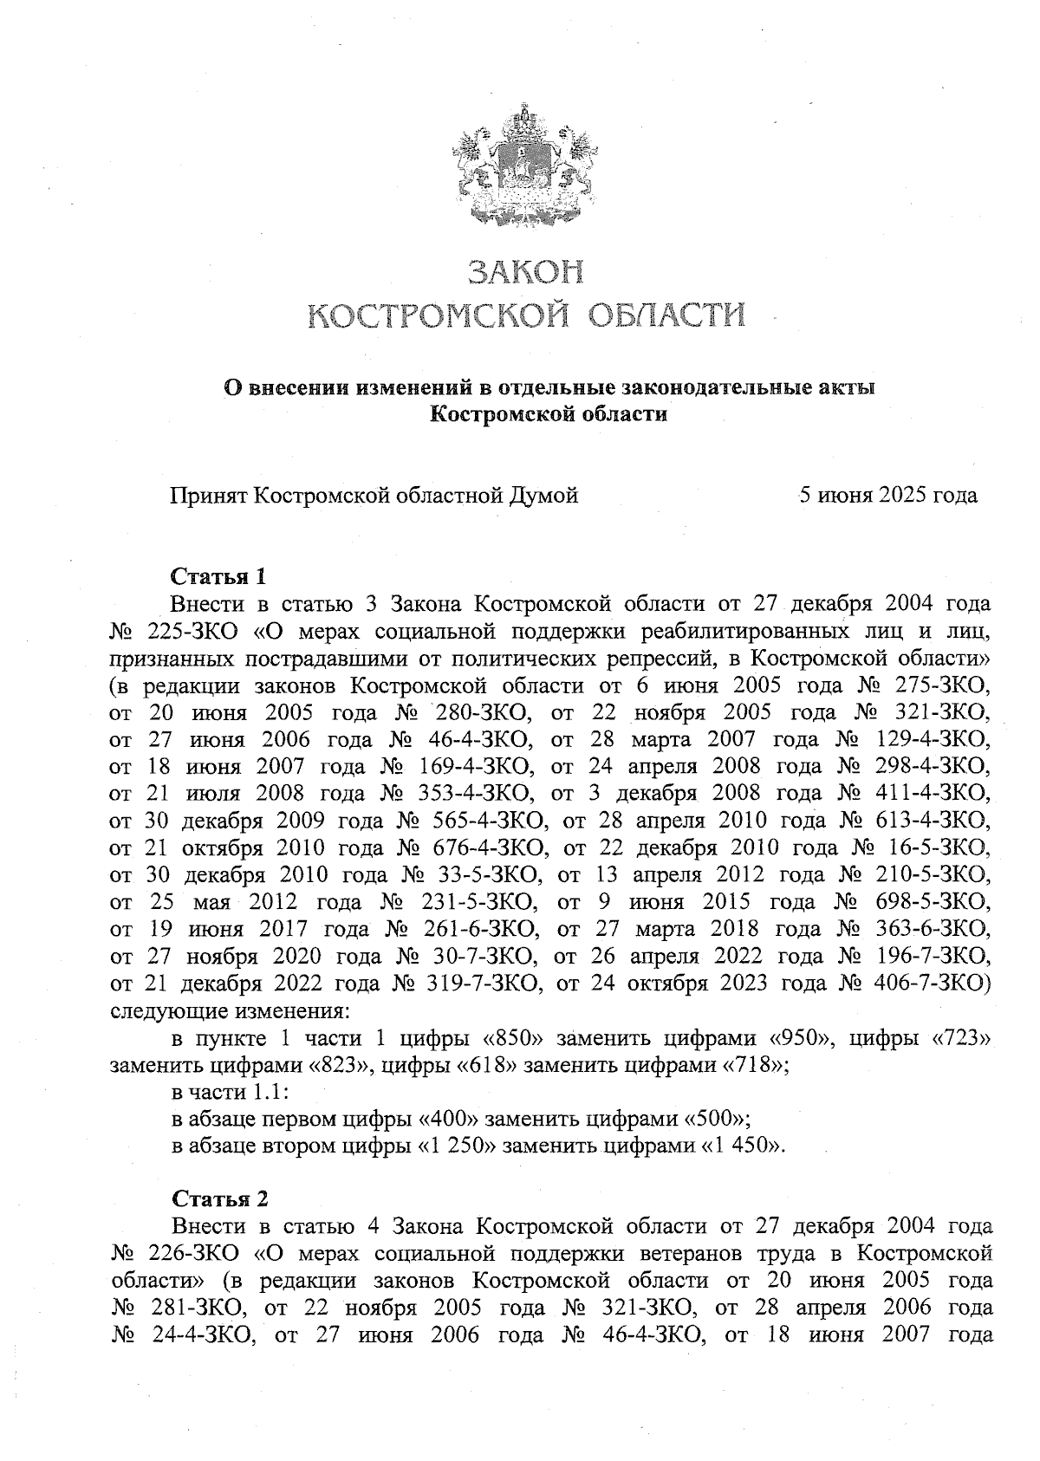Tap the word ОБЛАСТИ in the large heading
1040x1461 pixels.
(x=667, y=315)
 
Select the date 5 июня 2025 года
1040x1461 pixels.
(x=888, y=496)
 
